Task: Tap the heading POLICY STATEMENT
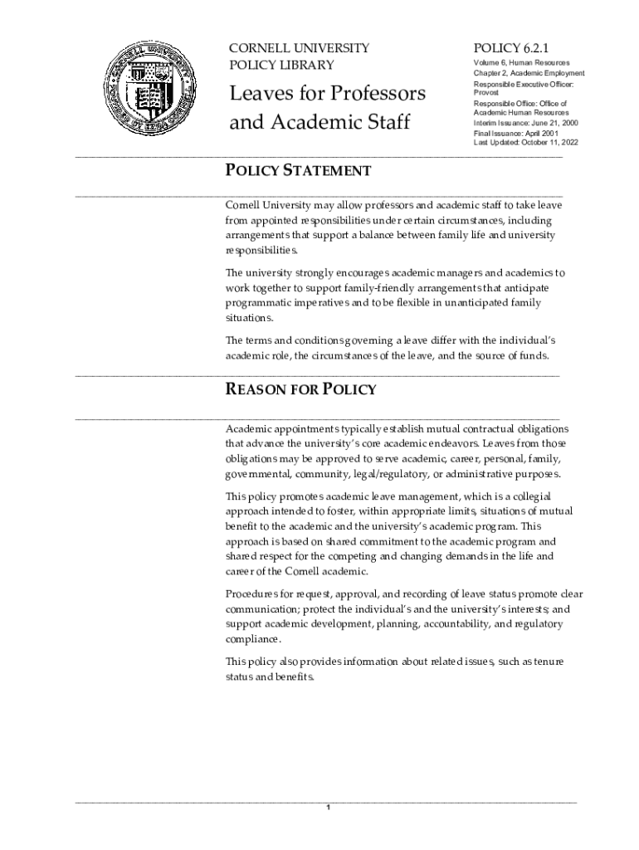[299, 171]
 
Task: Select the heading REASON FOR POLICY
[301, 389]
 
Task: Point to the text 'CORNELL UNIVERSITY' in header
[299, 48]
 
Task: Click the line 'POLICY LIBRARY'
[281, 66]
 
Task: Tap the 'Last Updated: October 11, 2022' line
[526, 142]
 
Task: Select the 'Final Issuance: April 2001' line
[510, 133]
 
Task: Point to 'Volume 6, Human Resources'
[522, 62]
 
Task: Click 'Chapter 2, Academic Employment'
[529, 73]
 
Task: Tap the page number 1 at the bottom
[329, 808]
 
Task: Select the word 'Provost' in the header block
[487, 94]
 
